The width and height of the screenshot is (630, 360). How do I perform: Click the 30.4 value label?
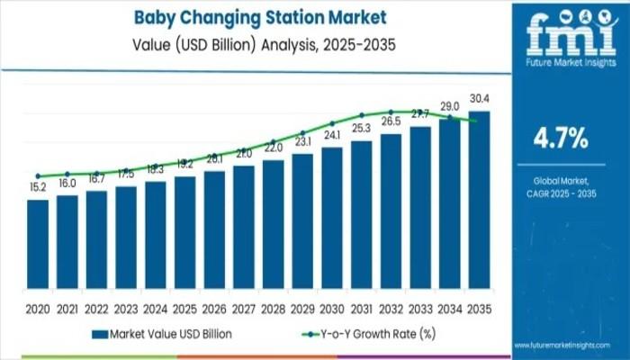click(x=480, y=99)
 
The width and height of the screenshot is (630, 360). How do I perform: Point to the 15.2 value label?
click(x=38, y=188)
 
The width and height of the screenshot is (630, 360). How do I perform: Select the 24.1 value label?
click(x=332, y=135)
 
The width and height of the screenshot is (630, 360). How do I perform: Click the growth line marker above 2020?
click(x=38, y=176)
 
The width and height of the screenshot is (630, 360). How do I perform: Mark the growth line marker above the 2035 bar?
click(x=473, y=121)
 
